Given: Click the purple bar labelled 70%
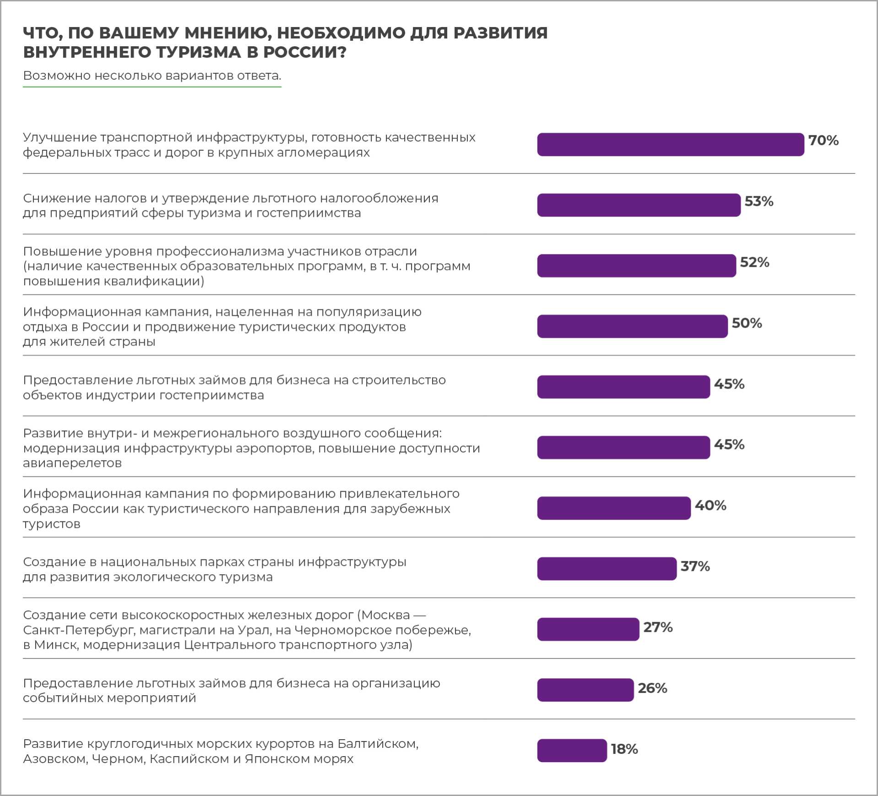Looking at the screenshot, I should [x=670, y=144].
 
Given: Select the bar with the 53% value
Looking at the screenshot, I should [x=639, y=205].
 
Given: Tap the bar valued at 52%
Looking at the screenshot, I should [x=636, y=266].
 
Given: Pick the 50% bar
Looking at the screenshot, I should [x=632, y=326].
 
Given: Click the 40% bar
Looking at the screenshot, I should [x=614, y=508].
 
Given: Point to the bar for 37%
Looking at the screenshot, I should [x=607, y=569].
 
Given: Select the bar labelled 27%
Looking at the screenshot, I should [x=588, y=629].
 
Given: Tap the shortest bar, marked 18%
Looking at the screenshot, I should [x=572, y=751].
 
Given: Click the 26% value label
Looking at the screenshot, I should [x=652, y=688].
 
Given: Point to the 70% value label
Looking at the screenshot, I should [x=823, y=140].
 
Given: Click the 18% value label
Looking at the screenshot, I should [x=624, y=749].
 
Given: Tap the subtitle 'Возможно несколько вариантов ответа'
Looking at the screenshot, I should [x=152, y=75].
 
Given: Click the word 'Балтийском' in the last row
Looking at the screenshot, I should [x=378, y=743].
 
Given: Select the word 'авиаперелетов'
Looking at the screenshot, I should [x=72, y=463].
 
